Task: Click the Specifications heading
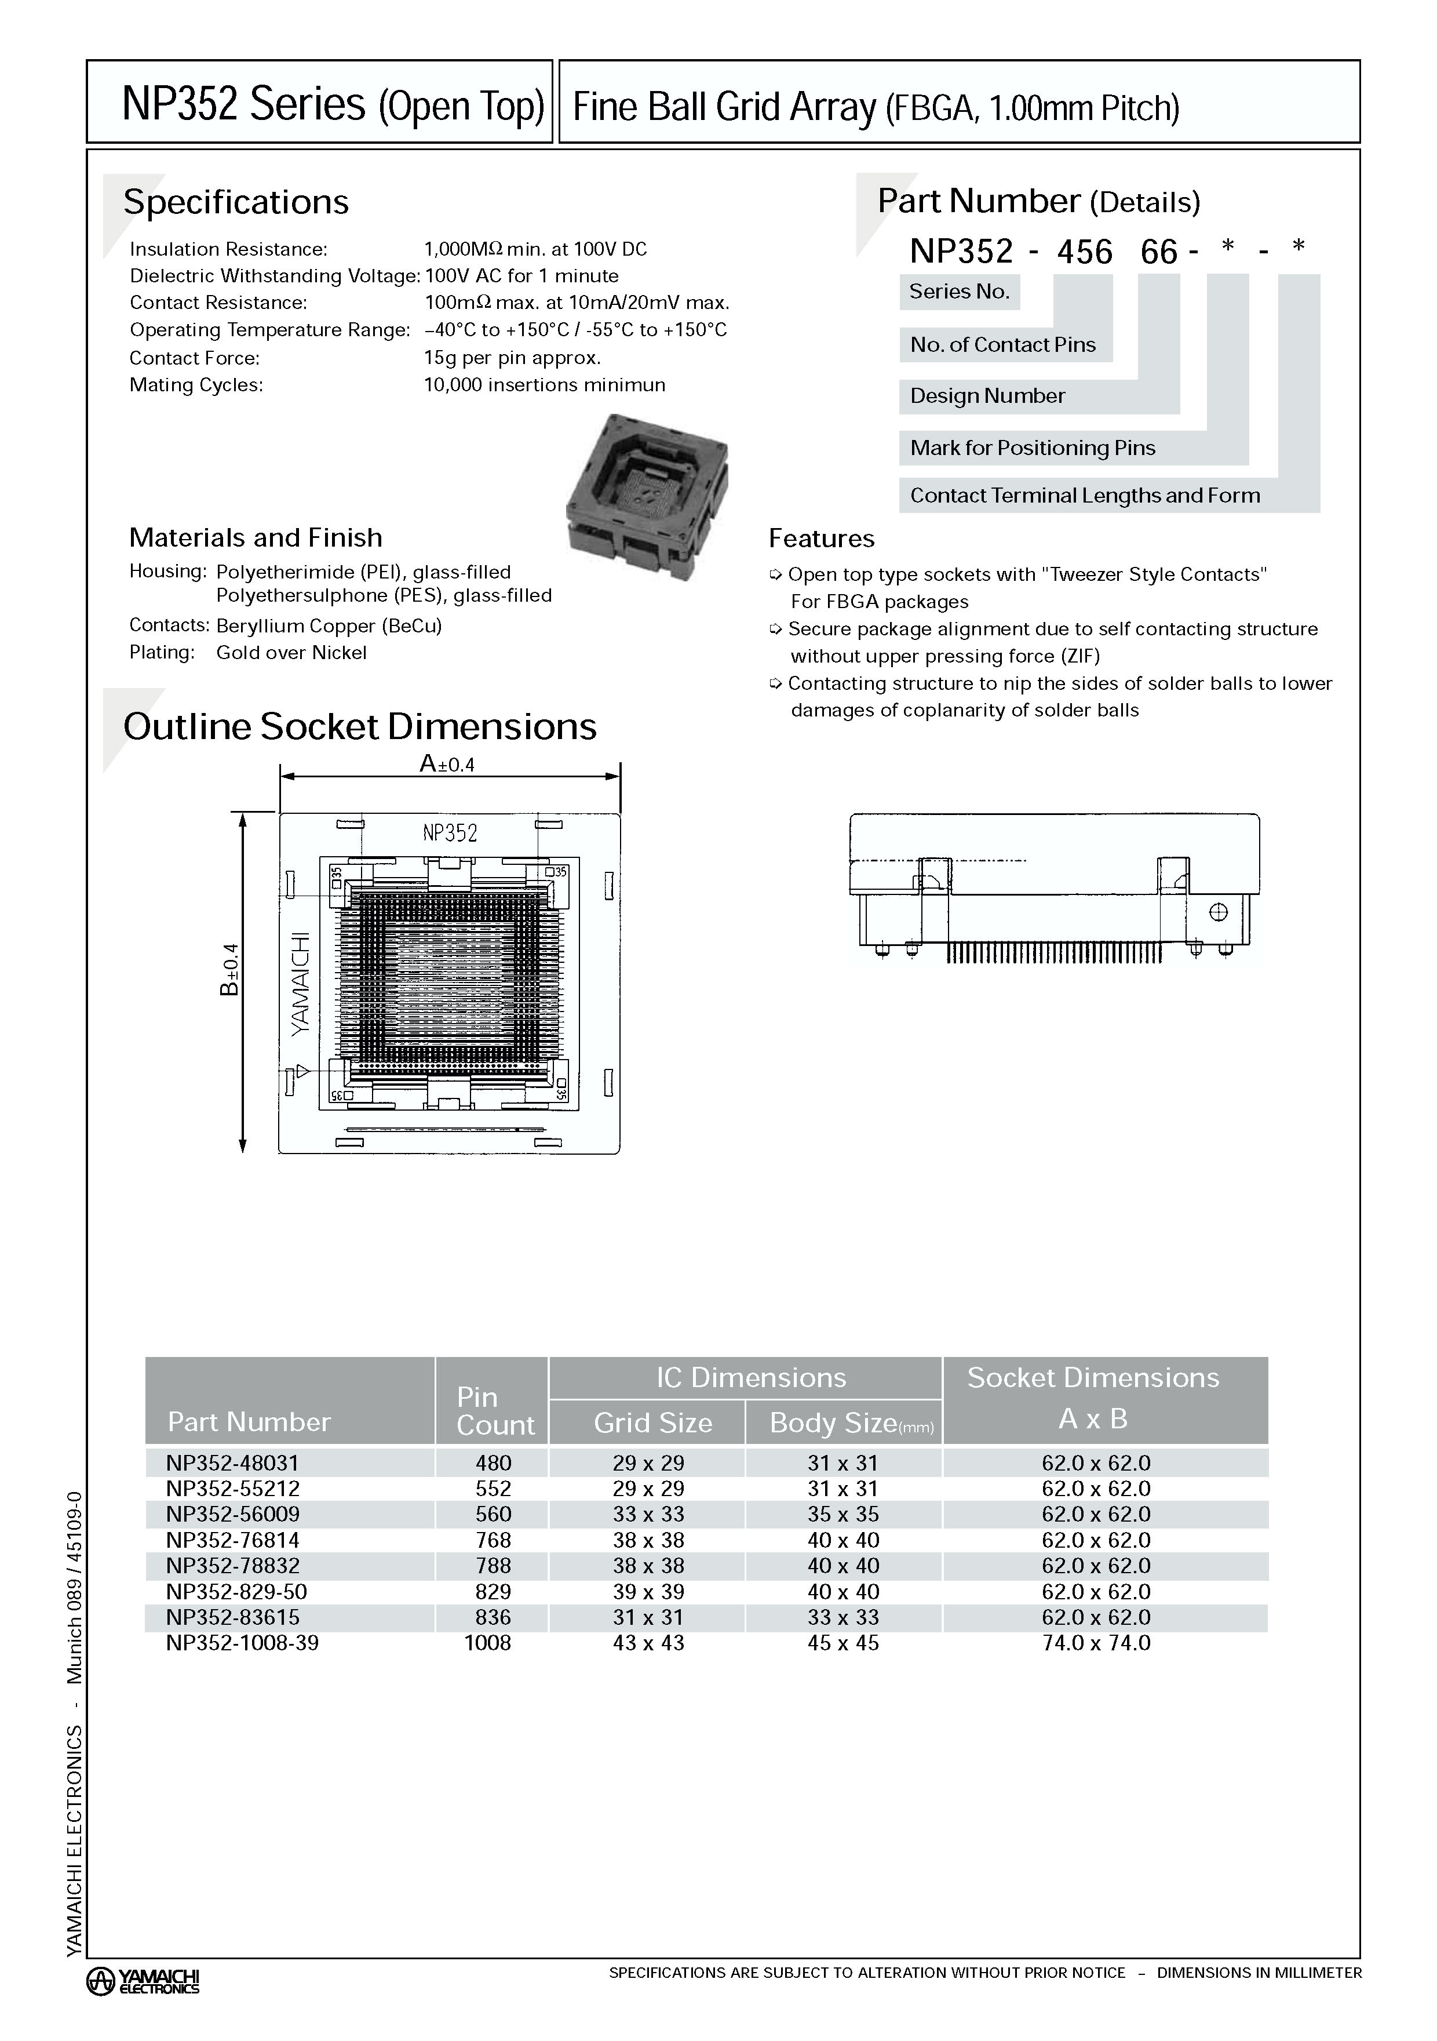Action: pos(235,202)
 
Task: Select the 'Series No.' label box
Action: pos(959,292)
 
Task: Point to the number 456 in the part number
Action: pos(1084,253)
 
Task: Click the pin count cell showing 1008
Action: pos(488,1643)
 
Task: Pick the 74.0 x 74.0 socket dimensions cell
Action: pos(1096,1643)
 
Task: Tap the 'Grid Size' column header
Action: pos(652,1423)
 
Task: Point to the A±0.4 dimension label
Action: pos(447,763)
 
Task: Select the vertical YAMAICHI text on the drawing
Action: pos(301,983)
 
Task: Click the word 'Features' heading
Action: pos(821,539)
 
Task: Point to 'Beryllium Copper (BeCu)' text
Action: pos(329,626)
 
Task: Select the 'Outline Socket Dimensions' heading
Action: pos(360,726)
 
